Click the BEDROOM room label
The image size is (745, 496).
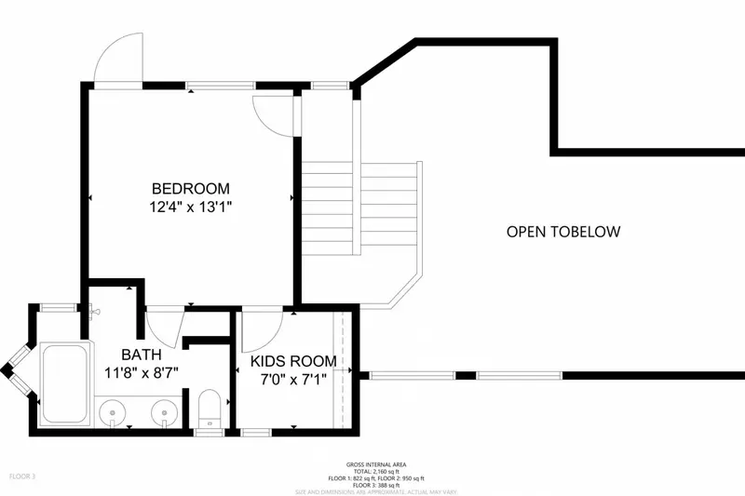190,188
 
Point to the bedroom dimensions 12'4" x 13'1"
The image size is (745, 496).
190,208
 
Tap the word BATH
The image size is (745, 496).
142,355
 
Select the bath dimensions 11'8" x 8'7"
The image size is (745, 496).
142,372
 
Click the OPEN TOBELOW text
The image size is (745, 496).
562,232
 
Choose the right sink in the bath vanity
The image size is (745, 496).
166,409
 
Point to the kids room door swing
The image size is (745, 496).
264,326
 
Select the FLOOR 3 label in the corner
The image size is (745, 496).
22,476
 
